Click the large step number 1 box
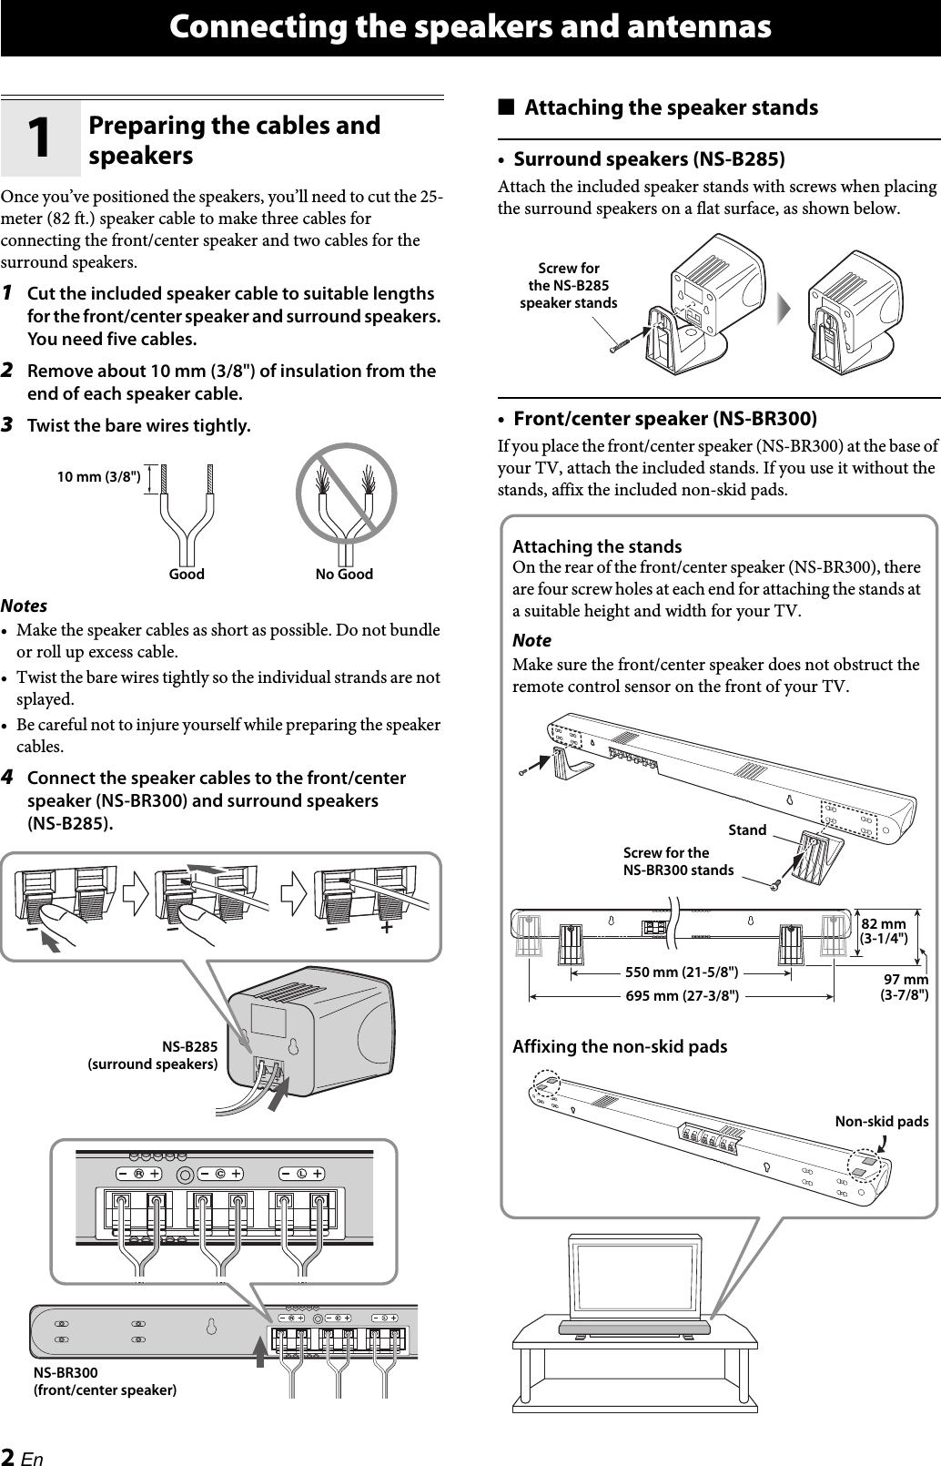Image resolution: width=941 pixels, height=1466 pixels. tap(40, 137)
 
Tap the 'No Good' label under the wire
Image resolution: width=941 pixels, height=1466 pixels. tap(344, 575)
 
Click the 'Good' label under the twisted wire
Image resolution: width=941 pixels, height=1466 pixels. tap(187, 575)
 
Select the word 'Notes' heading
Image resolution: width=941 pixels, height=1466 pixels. tap(25, 606)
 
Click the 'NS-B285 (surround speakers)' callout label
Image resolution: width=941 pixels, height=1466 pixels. tap(153, 1055)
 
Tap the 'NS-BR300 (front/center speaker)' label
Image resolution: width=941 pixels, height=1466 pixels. tap(105, 1381)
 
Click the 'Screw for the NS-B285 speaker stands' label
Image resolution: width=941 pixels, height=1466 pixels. tap(568, 286)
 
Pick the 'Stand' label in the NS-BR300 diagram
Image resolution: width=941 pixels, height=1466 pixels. tap(747, 830)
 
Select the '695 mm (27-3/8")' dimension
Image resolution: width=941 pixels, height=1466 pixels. tap(682, 995)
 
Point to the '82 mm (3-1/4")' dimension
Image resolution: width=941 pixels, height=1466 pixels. tap(884, 932)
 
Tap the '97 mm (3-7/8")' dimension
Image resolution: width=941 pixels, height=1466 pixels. tap(904, 987)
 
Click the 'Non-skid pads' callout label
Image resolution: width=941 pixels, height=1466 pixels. tap(881, 1121)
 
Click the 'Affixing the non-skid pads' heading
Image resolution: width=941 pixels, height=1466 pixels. tap(620, 1046)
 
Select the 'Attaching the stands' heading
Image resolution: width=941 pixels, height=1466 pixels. tap(597, 546)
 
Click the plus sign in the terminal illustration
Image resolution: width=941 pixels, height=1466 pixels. tap(387, 927)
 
